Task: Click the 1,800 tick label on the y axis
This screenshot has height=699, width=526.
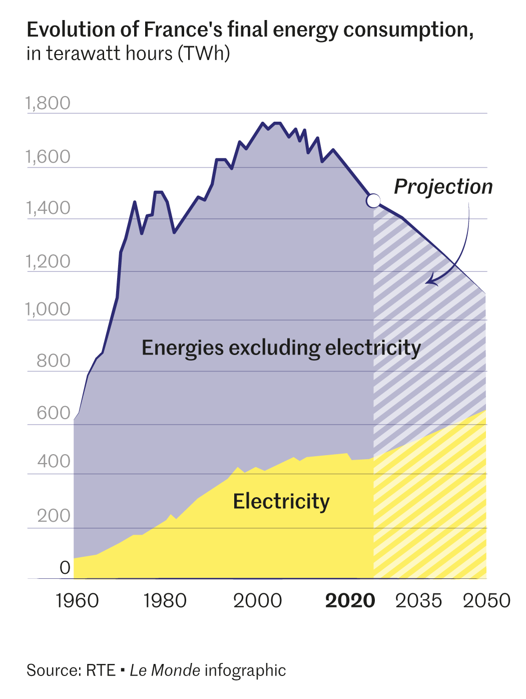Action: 48,103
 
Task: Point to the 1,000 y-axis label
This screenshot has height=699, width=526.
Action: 48,309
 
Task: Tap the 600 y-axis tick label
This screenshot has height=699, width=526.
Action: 54,413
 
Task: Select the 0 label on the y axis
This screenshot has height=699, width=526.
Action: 65,568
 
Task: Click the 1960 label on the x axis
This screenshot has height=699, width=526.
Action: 77,600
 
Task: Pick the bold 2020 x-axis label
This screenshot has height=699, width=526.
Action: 350,600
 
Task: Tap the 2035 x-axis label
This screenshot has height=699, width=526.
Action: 418,600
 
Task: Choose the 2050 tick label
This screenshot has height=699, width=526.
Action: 486,600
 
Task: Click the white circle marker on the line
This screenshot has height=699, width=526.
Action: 373,201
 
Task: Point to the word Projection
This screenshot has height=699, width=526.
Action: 443,187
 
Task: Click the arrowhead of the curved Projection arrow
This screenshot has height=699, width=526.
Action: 429,281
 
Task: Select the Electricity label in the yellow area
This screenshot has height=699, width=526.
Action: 281,501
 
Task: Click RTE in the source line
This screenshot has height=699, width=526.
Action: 100,670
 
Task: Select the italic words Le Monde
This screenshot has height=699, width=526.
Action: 165,670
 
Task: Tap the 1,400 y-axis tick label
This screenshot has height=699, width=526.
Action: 48,208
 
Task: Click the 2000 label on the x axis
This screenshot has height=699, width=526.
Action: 257,600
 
